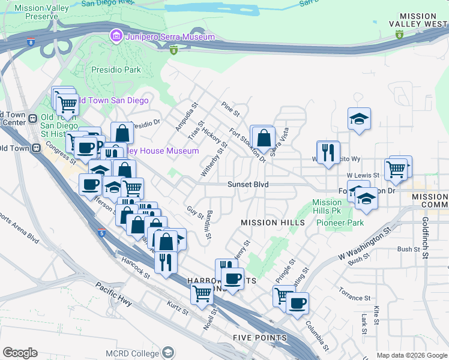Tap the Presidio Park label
(116, 70)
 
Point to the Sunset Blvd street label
(247, 185)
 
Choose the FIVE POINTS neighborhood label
(259, 338)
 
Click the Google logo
(20, 352)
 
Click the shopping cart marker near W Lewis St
(396, 170)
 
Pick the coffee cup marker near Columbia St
(297, 303)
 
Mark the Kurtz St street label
(178, 308)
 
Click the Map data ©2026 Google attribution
(411, 355)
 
